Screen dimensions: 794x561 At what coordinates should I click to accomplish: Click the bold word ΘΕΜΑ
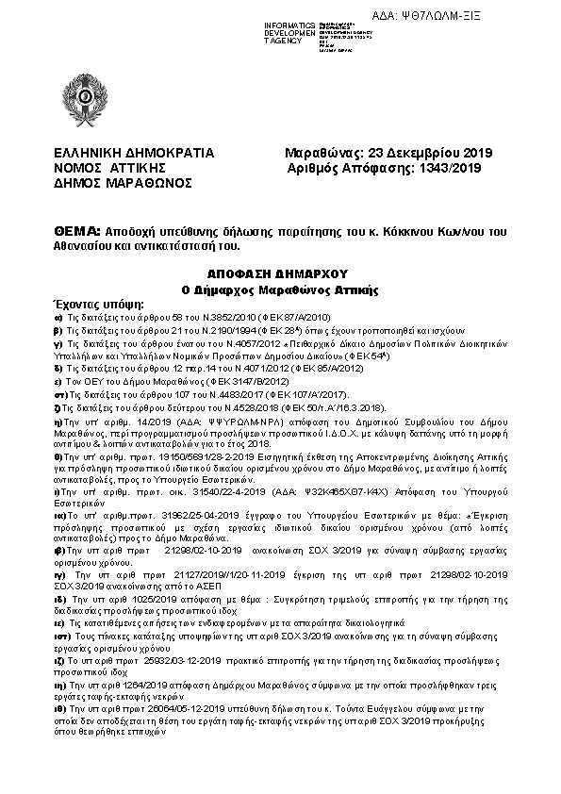pyautogui.click(x=76, y=231)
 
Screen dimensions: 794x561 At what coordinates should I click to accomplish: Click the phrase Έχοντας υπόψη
pyautogui.click(x=97, y=305)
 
